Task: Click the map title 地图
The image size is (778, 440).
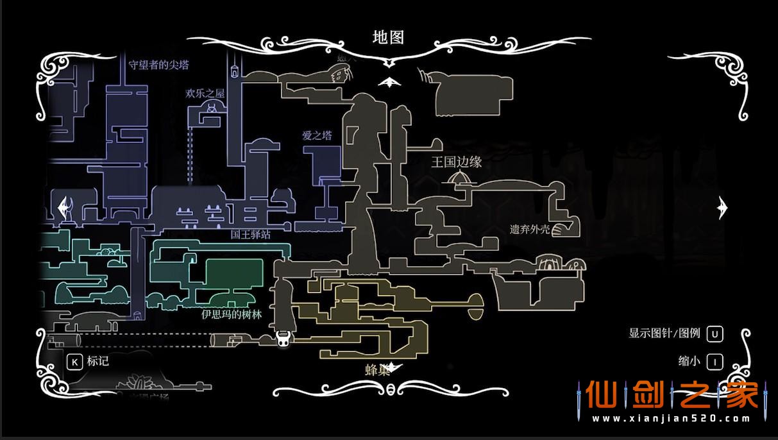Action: coord(389,37)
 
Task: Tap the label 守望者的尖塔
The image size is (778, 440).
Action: coord(159,65)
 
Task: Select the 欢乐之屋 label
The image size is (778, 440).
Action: coord(205,94)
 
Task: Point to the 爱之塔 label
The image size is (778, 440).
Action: coord(317,135)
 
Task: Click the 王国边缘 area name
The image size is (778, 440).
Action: coord(456,162)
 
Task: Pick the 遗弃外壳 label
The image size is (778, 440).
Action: coord(530,229)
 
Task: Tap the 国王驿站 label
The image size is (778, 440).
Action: coord(251,235)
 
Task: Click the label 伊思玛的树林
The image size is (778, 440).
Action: coord(232,314)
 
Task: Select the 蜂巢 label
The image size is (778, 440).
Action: coord(377,370)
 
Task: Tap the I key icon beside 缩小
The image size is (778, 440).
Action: coord(715,361)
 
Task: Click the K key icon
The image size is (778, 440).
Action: coord(74,361)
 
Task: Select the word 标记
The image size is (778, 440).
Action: coord(98,361)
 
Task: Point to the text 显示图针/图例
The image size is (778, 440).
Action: coord(664,334)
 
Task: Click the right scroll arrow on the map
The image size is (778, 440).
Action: coord(723,207)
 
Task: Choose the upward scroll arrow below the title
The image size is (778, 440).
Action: coord(389,82)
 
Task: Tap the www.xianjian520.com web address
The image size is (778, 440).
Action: coord(670,419)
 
